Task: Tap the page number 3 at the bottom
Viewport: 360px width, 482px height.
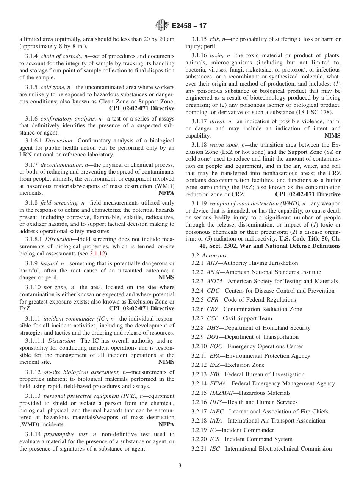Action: point(180,465)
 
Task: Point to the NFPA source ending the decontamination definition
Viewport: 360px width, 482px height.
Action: point(166,192)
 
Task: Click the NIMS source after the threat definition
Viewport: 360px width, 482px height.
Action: point(332,136)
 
